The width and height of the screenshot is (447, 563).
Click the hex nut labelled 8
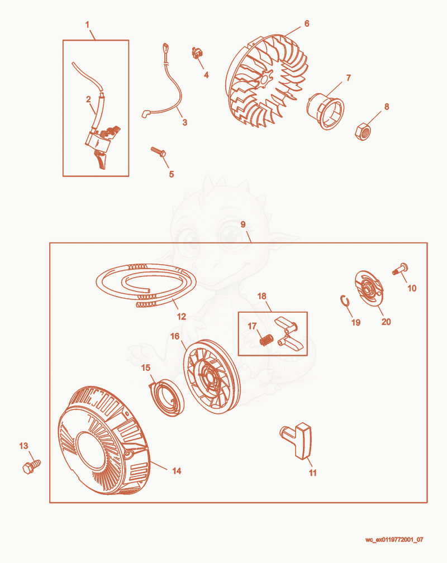coord(363,131)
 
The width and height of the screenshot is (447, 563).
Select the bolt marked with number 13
coord(31,466)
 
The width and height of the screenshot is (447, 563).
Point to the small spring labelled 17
coord(267,340)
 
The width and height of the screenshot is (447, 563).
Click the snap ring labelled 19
coord(344,301)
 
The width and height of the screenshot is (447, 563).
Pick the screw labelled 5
coord(158,151)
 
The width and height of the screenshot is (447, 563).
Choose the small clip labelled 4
coord(197,53)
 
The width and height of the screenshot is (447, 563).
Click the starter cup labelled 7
coord(326,111)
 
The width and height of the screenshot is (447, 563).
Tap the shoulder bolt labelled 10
coord(400,269)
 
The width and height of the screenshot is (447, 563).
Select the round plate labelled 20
coord(368,289)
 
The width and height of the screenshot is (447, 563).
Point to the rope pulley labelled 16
coord(212,376)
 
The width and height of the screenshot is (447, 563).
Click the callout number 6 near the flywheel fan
coord(307,23)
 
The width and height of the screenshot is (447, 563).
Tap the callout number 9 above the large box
coord(243,225)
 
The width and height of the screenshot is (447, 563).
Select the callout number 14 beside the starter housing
coord(177,471)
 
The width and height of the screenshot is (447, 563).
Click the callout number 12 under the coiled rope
coord(182,316)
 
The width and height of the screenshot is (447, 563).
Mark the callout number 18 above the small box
coord(262,296)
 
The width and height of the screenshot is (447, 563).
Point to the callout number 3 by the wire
coord(185,122)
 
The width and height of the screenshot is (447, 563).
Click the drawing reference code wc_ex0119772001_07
coord(394,540)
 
